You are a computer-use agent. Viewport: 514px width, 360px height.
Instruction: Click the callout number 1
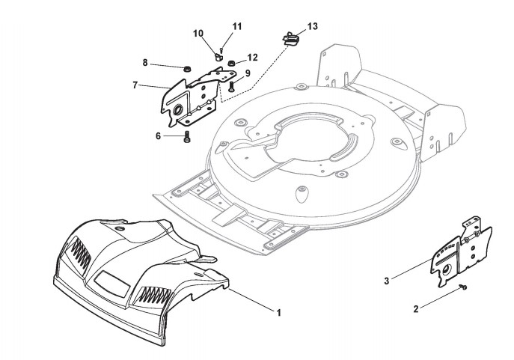[x=278, y=311]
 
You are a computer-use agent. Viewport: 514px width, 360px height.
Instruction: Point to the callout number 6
[x=158, y=135]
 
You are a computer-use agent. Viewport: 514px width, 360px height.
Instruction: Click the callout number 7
[x=135, y=85]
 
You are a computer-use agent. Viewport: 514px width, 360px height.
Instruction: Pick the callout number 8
[x=144, y=63]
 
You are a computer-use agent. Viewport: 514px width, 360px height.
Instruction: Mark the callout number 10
[x=198, y=34]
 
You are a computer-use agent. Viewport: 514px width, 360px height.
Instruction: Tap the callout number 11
[x=237, y=26]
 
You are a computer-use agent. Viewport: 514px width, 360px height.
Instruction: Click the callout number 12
[x=252, y=57]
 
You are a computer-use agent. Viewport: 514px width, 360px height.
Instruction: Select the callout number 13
[x=312, y=26]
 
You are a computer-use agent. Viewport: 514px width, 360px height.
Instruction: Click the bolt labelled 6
[x=186, y=137]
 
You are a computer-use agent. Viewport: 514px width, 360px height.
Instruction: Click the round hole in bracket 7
[x=180, y=112]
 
